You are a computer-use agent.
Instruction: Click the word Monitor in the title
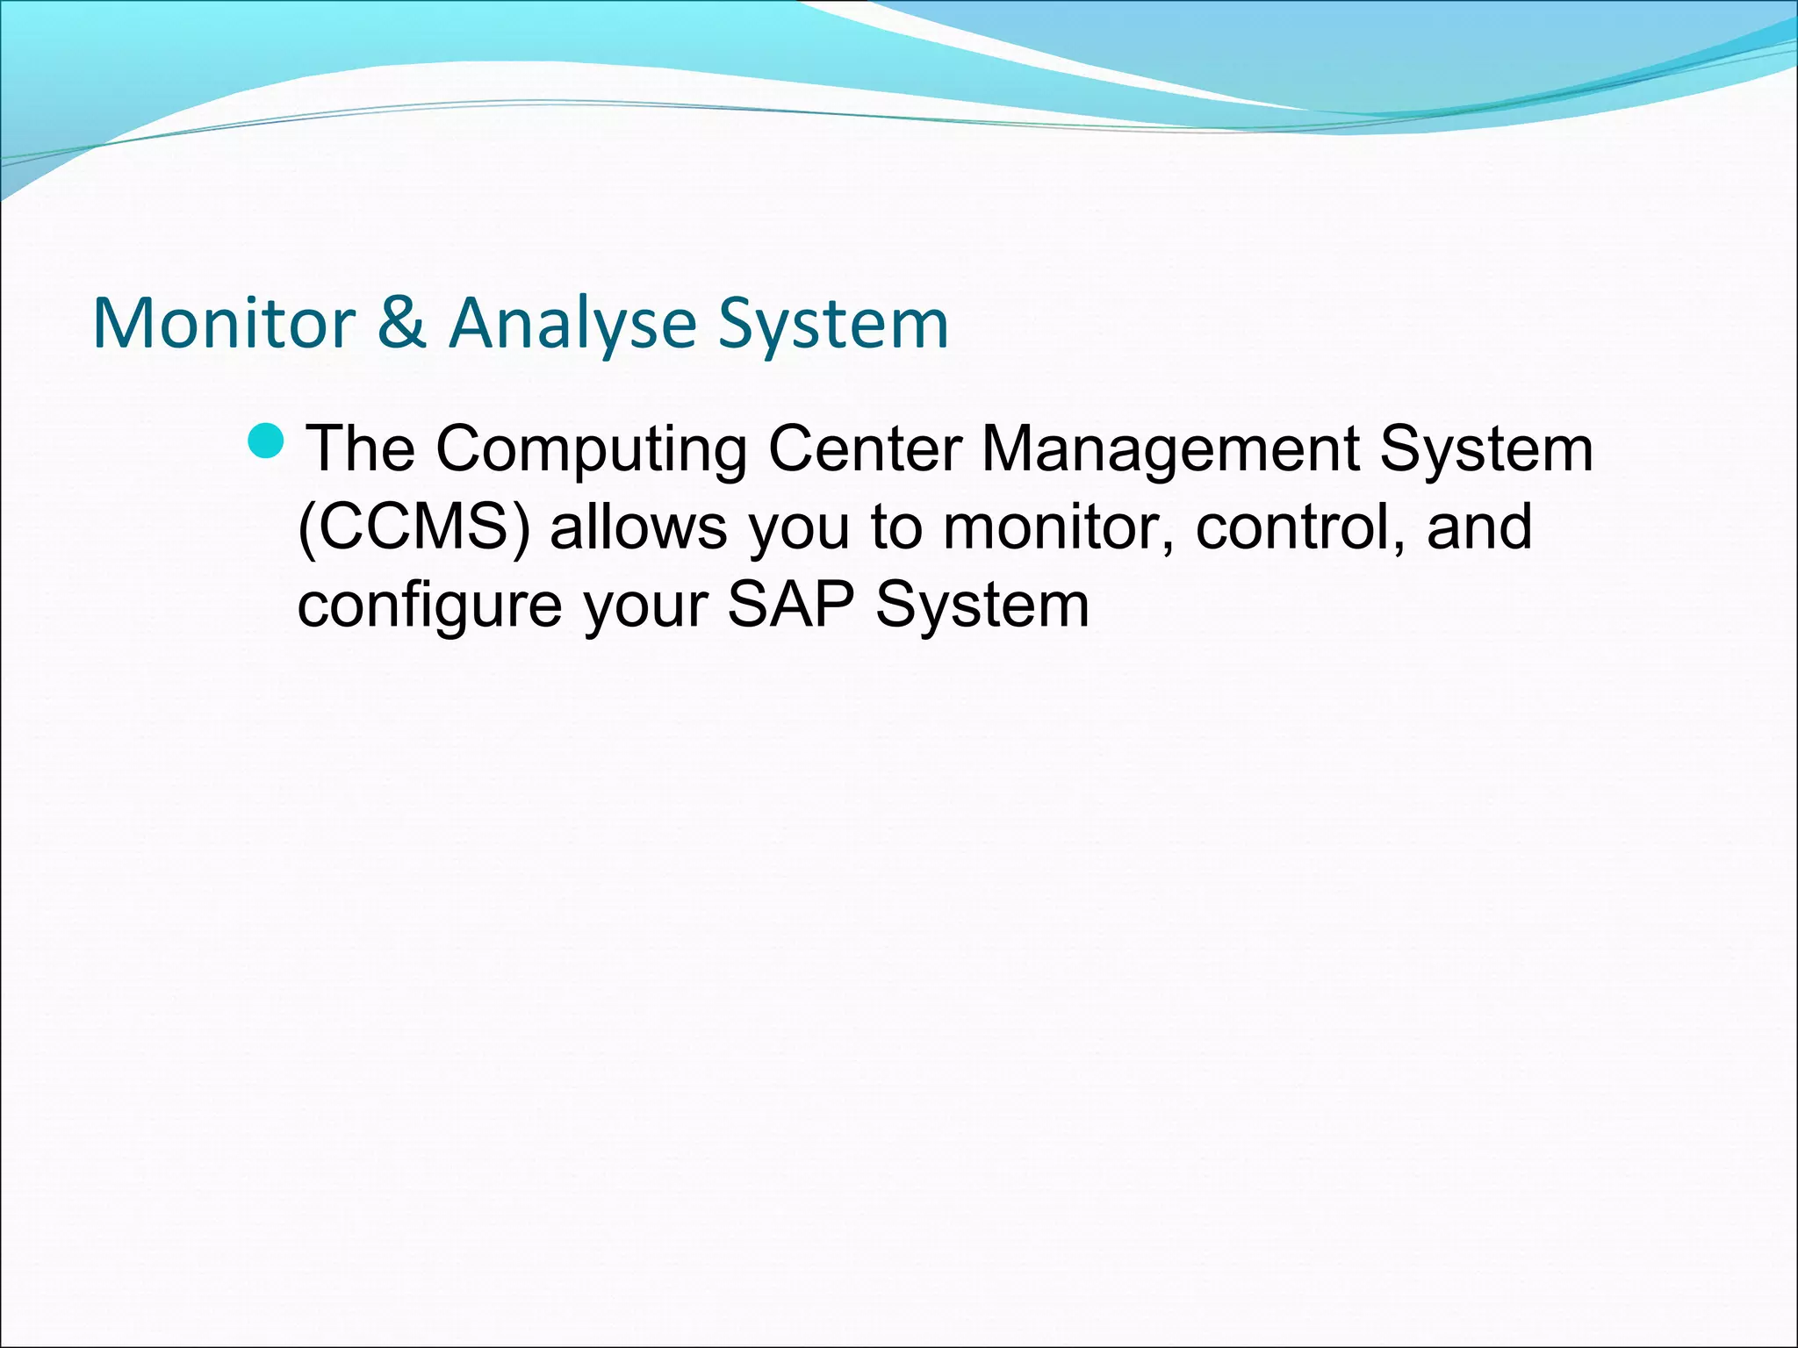pos(224,324)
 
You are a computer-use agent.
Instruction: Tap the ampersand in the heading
pos(401,322)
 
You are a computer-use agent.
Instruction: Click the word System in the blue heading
pos(833,324)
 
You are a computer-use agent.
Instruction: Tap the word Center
pos(865,448)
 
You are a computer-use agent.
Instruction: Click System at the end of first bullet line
pos(1485,450)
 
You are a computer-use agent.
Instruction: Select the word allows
pos(638,527)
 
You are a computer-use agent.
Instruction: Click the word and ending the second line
pos(1479,527)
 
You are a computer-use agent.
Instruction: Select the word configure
pos(429,606)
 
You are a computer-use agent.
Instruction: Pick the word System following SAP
pos(982,606)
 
